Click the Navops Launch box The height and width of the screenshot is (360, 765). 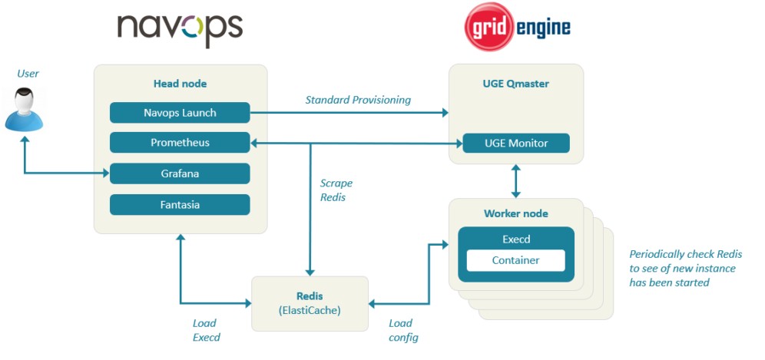pos(180,113)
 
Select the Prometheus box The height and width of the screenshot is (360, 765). pos(180,143)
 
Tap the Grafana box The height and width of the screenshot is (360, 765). pos(180,173)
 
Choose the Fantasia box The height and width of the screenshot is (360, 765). pos(180,204)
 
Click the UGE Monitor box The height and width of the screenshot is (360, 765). pos(515,144)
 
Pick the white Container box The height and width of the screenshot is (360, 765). pos(515,260)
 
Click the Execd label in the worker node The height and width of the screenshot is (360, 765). pos(515,239)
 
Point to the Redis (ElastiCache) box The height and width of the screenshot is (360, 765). pos(310,303)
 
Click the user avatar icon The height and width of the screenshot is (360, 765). pos(24,109)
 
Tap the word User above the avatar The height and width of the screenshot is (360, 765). pos(28,74)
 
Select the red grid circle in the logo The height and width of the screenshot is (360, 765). pos(488,27)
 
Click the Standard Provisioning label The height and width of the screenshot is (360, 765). pos(358,100)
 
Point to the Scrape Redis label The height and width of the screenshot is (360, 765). pos(336,190)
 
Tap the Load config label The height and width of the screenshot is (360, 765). pos(403,330)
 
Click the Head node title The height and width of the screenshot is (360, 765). pos(180,84)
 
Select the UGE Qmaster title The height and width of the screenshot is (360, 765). pos(515,84)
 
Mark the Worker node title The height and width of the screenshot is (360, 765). pos(515,213)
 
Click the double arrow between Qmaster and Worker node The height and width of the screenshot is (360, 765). pos(515,180)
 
